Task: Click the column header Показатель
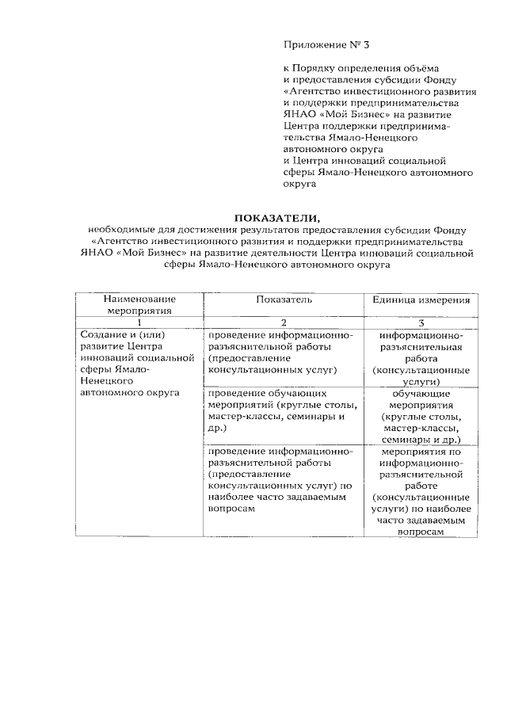(284, 300)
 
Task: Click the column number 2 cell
(284, 322)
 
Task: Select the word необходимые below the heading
(120, 230)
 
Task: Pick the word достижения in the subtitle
(200, 230)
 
